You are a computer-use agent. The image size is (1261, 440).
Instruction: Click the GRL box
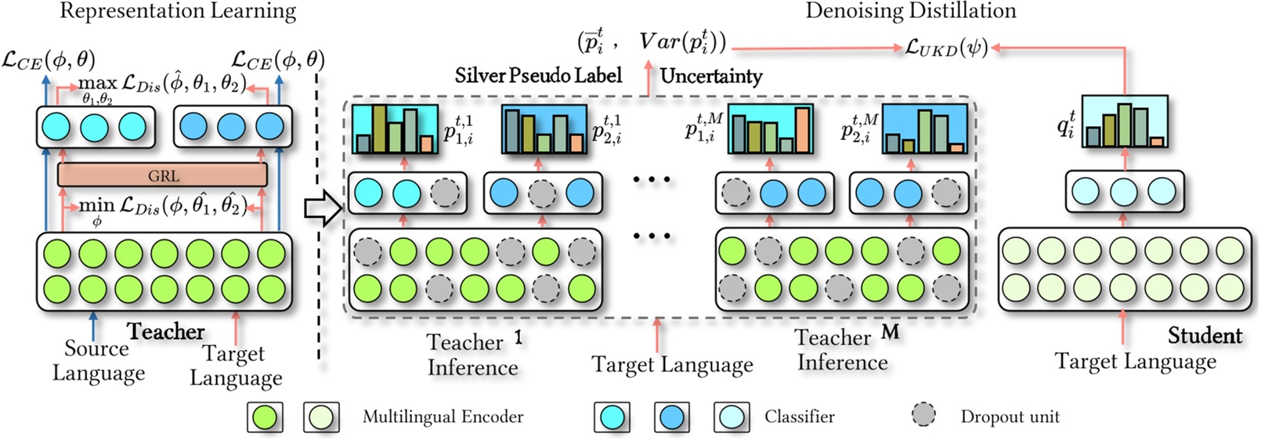162,175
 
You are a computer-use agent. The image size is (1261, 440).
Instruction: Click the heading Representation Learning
178,12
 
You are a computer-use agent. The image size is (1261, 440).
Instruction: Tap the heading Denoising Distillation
911,11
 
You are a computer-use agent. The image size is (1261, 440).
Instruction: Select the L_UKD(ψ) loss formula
946,48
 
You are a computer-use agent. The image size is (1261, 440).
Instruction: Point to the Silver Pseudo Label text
538,75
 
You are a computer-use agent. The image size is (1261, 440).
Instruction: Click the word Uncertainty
710,76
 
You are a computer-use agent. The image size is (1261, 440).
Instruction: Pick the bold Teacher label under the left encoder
166,331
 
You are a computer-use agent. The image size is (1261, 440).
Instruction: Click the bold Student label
1205,336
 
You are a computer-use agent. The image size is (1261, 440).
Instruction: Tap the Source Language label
98,360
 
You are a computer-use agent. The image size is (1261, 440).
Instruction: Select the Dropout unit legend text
1010,417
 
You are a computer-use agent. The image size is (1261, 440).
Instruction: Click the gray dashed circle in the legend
924,415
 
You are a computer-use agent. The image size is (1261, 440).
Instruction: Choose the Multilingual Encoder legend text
443,417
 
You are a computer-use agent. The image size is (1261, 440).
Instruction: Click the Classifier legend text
799,417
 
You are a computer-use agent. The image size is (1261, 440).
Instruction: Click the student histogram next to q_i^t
1124,122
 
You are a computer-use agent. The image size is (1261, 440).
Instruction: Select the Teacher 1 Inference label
473,355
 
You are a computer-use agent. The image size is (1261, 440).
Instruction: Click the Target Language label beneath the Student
1135,361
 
